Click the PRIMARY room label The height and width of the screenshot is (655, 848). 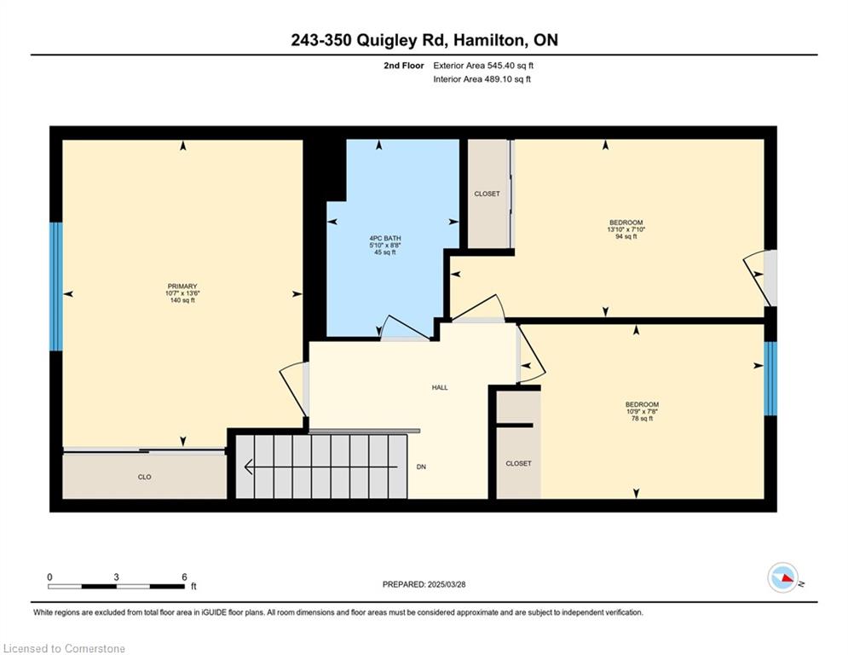tap(182, 287)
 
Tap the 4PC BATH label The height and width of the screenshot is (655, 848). tap(385, 238)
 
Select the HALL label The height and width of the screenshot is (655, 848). tap(440, 387)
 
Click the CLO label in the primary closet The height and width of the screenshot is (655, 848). tap(144, 477)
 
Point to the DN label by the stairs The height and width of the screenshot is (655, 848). tap(421, 467)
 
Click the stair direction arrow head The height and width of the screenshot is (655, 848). tap(249, 467)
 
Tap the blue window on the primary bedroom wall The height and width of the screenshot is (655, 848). tap(56, 287)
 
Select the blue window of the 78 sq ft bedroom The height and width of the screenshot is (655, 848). tap(770, 379)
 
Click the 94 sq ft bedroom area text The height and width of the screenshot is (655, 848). tap(626, 236)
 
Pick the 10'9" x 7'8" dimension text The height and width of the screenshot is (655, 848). tap(642, 411)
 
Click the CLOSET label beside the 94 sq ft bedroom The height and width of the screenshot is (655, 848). tap(487, 194)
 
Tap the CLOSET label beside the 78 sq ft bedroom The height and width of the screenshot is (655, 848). tap(519, 463)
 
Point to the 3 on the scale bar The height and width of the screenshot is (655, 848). tap(116, 577)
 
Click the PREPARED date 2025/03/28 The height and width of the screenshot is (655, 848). tap(447, 584)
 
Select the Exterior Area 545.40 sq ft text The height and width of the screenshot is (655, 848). tap(483, 66)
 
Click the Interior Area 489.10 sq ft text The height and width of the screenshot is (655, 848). tap(482, 79)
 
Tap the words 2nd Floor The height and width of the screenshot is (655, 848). tap(404, 66)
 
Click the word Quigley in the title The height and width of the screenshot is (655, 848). tap(387, 41)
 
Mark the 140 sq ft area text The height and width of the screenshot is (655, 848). tap(182, 300)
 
